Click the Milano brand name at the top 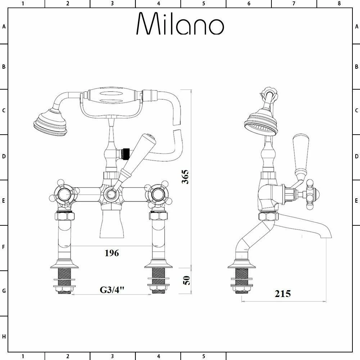(x=180, y=24)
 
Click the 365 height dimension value (x=185, y=176)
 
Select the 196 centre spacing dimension (x=112, y=253)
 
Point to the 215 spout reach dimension (x=283, y=294)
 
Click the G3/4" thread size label (x=112, y=290)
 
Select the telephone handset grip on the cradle (x=111, y=96)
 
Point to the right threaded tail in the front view (x=158, y=281)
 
